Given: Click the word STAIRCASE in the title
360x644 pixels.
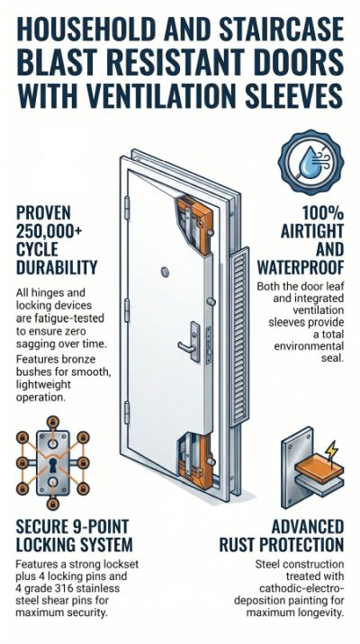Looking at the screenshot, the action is coord(282,30).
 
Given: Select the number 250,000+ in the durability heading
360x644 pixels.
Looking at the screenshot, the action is coord(49,231).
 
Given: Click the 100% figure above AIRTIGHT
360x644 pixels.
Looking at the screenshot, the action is coord(322,213).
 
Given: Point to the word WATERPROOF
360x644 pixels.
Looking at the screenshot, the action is coord(300,268).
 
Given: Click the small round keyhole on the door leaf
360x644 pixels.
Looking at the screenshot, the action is coord(166,272).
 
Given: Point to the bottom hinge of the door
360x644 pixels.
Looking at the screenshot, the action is coord(127,412).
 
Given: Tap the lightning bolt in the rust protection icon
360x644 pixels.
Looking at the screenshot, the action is coord(331,451).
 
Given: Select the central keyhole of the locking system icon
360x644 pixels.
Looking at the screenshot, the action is coord(52,465).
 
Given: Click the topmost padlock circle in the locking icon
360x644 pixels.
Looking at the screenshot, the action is coord(52,422).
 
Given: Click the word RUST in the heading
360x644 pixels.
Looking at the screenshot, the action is coord(237,544).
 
